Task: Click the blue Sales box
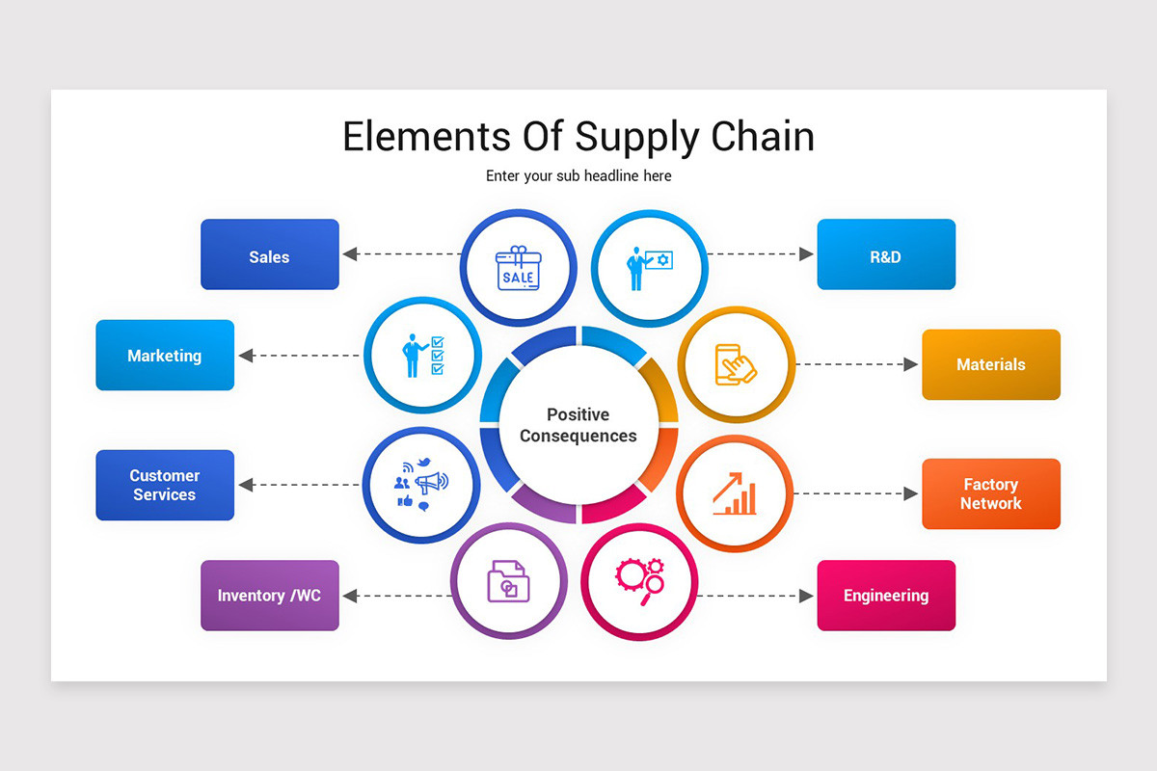click(x=269, y=254)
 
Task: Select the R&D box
click(x=885, y=254)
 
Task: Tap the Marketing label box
click(x=165, y=355)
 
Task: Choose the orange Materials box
click(x=990, y=364)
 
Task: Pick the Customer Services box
click(x=165, y=485)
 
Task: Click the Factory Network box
click(x=990, y=493)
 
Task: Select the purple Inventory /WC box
click(x=269, y=596)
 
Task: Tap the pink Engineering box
click(x=885, y=596)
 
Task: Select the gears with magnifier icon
click(x=639, y=580)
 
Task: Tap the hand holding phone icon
click(x=736, y=364)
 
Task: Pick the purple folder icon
click(x=508, y=581)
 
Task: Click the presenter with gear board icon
click(x=649, y=267)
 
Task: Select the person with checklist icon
click(x=422, y=355)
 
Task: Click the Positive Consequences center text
click(x=578, y=425)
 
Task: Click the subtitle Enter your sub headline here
click(x=578, y=176)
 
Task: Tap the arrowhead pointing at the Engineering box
click(x=807, y=596)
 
